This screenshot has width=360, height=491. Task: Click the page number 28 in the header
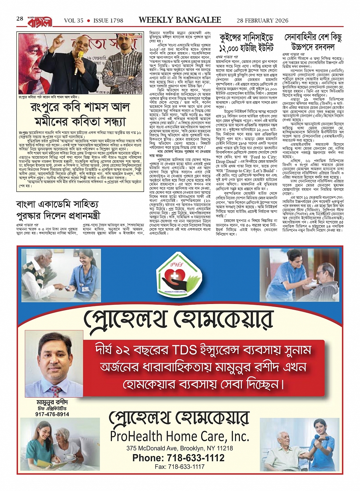[20, 19]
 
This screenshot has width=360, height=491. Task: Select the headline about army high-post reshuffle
[313, 42]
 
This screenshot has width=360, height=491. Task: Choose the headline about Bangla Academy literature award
[58, 210]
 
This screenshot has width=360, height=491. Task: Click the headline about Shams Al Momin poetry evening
[80, 116]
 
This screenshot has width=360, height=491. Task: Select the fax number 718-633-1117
[179, 467]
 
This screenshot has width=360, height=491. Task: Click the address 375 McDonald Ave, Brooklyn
[179, 448]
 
